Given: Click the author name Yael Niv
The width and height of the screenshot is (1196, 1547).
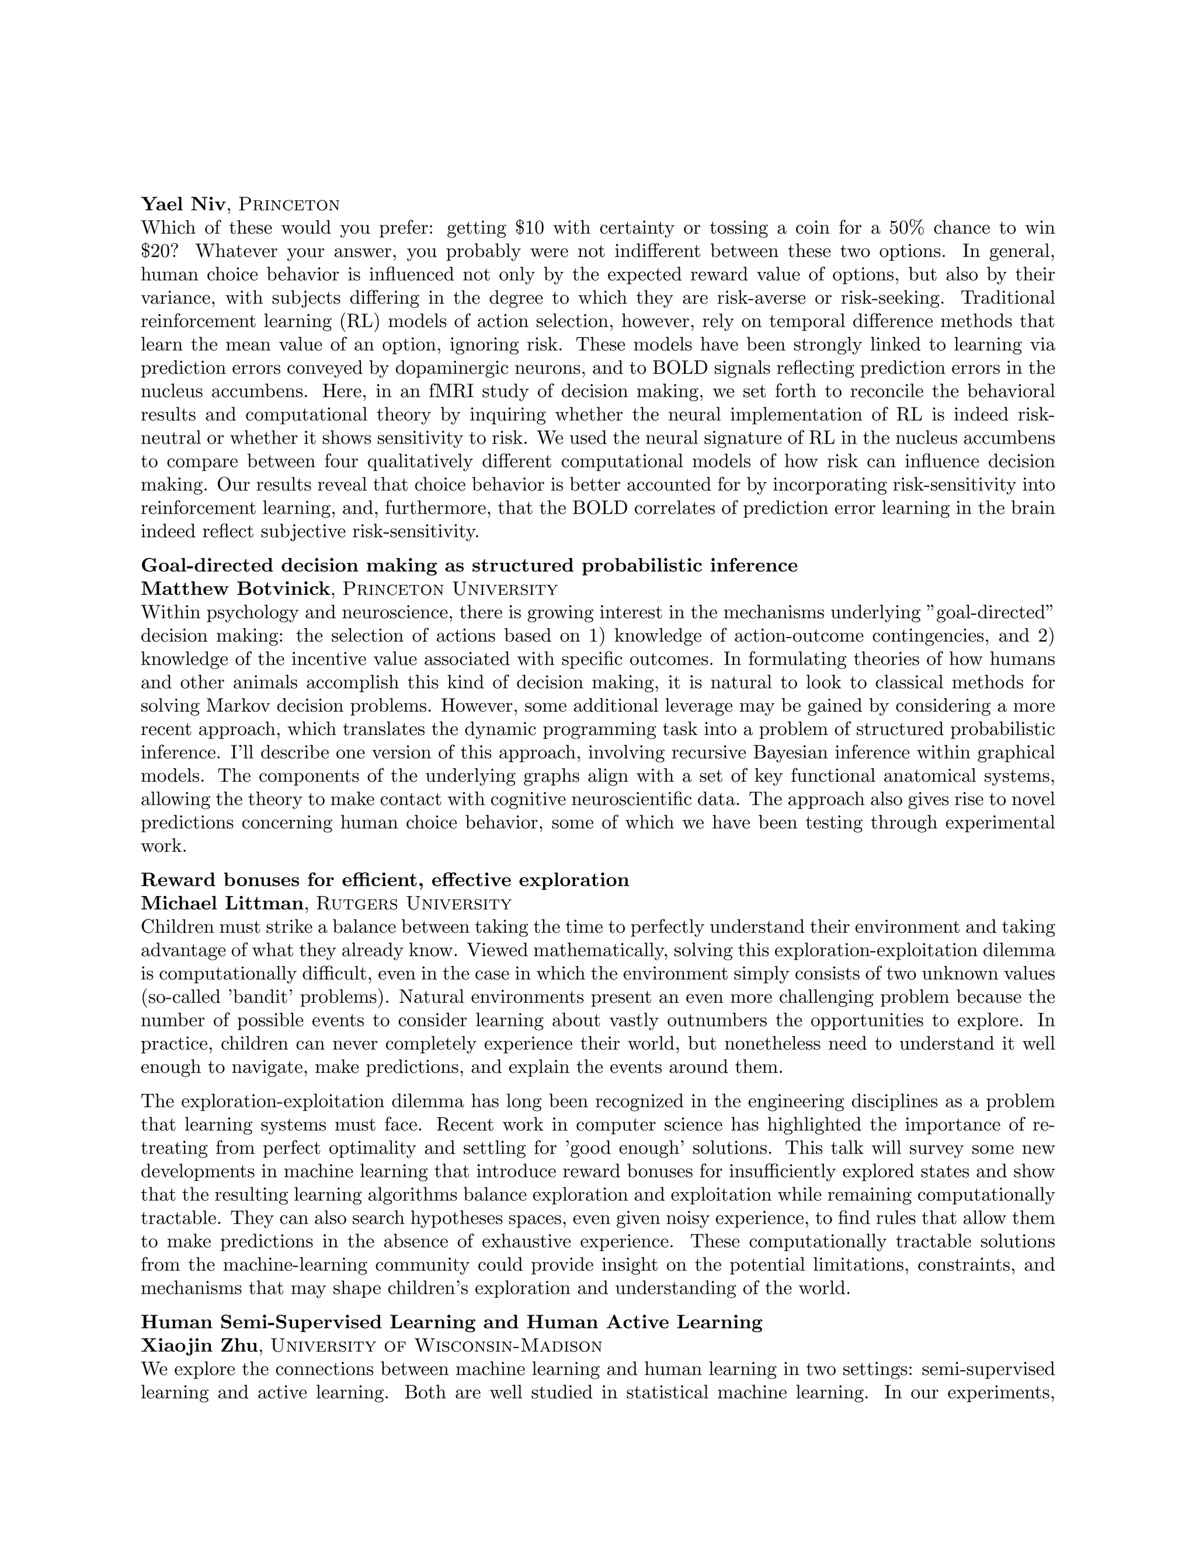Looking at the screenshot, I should pyautogui.click(x=183, y=205).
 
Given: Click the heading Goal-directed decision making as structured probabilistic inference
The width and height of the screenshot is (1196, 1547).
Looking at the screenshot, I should pyautogui.click(x=469, y=565).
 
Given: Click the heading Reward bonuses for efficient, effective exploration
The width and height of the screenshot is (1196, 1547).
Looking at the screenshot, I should pyautogui.click(x=385, y=880).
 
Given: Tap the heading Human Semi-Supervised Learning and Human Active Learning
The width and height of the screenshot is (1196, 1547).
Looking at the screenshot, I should pyautogui.click(x=451, y=1322).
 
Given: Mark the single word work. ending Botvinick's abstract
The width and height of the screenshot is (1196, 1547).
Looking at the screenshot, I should pyautogui.click(x=163, y=846).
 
